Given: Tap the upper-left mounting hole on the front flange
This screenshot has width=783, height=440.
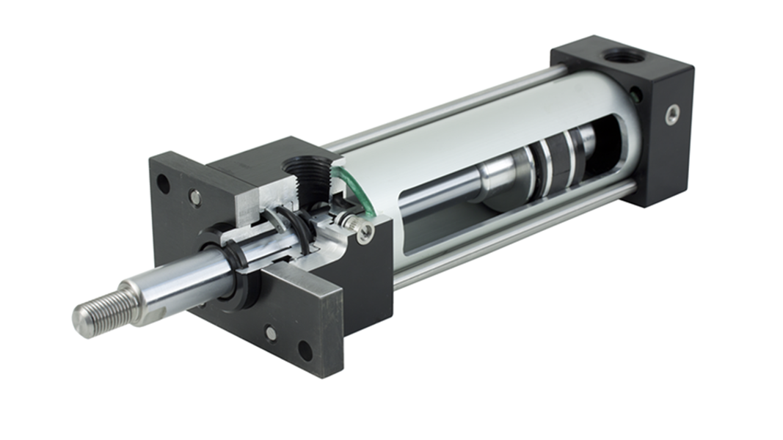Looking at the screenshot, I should (163, 183).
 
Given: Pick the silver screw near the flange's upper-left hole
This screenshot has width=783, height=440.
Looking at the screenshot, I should (194, 197).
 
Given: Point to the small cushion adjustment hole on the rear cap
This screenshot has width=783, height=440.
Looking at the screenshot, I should (635, 94).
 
